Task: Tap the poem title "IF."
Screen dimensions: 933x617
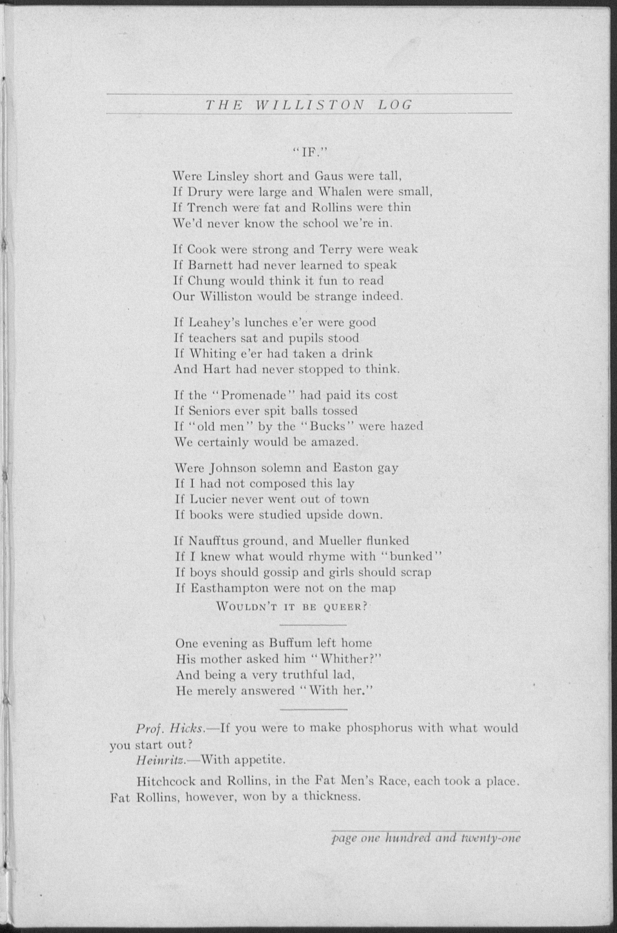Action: [x=309, y=153]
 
